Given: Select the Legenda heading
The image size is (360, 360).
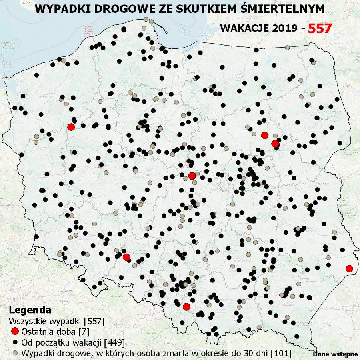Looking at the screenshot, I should pos(30,310).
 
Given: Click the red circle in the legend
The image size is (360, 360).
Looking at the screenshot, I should pos(15,332).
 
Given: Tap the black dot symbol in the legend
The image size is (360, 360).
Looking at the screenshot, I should pos(15,343).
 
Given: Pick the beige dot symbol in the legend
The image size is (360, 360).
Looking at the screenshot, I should pos(15,353).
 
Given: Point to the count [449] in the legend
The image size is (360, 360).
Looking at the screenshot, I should pos(114,343).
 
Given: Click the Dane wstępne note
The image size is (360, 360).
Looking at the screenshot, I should pos(335,354).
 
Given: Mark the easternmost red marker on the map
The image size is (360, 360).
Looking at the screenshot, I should pos(349,268).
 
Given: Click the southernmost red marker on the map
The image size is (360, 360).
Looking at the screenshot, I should pos(186,307).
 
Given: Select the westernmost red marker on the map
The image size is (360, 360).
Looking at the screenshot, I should pos(71,127).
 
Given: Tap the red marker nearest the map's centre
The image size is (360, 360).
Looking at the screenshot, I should pos(192,176).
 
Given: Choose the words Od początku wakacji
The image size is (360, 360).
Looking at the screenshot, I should pos(62,343).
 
